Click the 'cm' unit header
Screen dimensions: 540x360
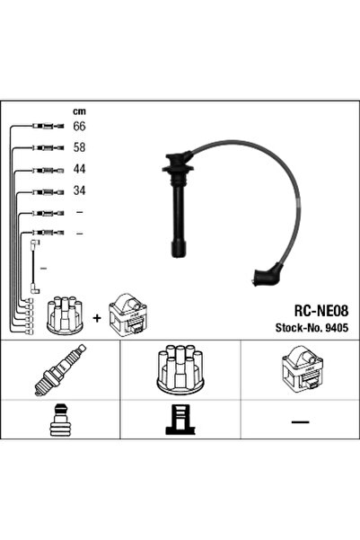(78, 111)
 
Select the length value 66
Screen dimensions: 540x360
(79, 126)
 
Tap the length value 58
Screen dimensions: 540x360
(79, 146)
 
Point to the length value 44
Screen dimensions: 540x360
(79, 168)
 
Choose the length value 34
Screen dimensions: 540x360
(79, 190)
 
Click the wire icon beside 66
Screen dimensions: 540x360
(45, 127)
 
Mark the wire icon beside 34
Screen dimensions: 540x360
(45, 191)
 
